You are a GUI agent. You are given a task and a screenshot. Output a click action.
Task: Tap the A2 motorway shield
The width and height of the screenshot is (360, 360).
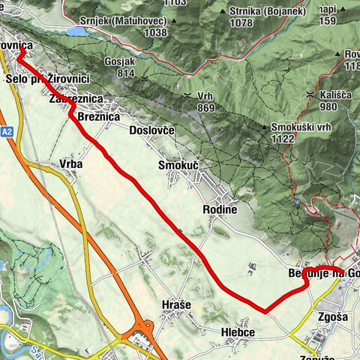7,130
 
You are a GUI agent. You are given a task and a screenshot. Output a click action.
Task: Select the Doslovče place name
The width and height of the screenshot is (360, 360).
151,130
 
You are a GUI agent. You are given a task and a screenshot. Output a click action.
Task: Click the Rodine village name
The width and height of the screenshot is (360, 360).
220,210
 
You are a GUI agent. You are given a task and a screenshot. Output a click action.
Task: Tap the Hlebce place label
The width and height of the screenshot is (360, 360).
238,332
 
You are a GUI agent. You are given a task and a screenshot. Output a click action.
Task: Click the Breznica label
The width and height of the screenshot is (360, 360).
99,117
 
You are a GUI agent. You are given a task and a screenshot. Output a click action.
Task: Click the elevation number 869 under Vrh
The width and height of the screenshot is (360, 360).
205,109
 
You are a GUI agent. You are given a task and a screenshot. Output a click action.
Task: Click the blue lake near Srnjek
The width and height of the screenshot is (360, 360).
76,32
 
